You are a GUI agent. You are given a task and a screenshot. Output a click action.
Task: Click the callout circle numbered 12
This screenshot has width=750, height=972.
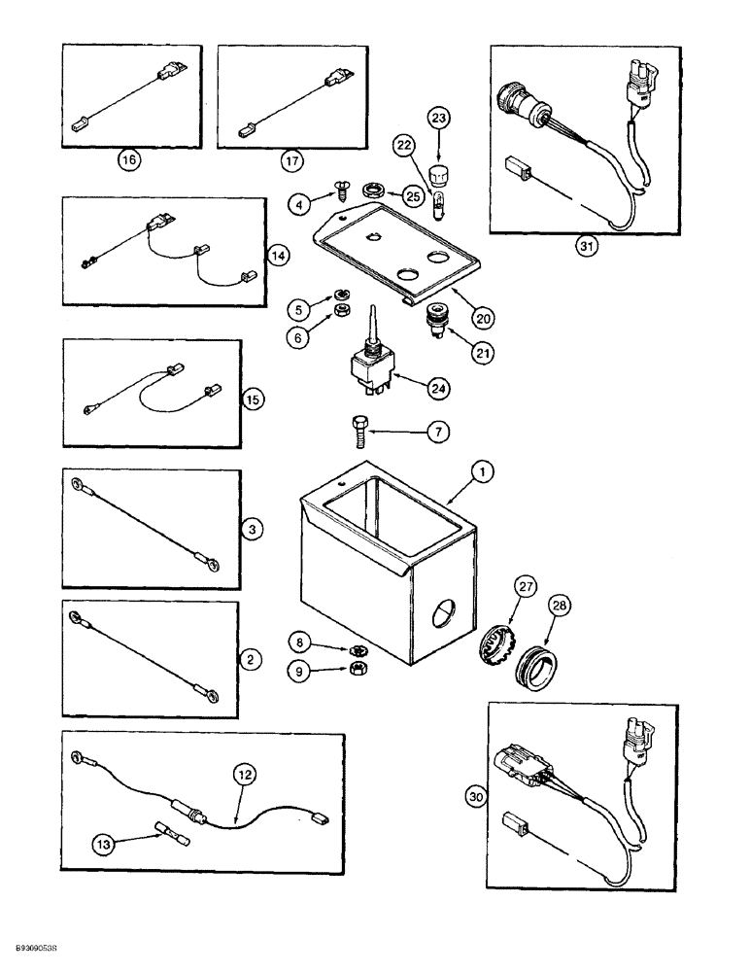tap(245, 776)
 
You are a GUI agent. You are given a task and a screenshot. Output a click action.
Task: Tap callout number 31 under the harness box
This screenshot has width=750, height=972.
tap(586, 246)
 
